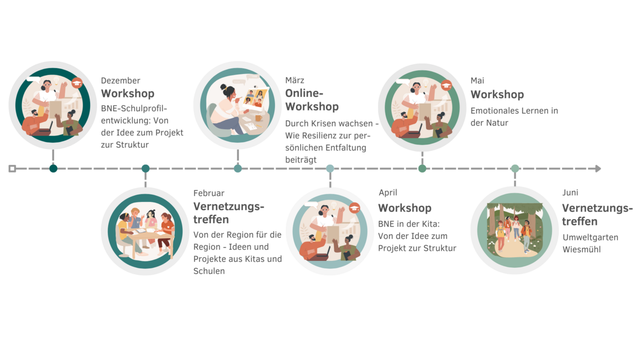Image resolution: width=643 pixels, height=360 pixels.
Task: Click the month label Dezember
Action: coord(121,81)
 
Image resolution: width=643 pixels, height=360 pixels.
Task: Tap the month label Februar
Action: coord(209,193)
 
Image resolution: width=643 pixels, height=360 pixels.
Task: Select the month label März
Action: coord(295,80)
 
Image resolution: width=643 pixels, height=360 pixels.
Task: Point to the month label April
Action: coord(388,193)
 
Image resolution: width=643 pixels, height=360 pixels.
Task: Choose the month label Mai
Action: coord(477,81)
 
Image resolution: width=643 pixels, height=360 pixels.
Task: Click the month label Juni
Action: coord(570,193)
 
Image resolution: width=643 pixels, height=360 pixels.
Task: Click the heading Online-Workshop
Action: coord(312,100)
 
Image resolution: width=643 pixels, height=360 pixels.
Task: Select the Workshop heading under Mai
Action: coord(497,94)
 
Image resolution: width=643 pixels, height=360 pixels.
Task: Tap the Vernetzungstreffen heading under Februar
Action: coord(229,213)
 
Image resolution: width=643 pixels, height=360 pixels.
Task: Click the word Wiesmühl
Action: coord(581,250)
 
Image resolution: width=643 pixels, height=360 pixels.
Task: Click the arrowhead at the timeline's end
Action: coord(598,169)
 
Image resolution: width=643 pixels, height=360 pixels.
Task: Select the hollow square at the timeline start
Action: coord(12,169)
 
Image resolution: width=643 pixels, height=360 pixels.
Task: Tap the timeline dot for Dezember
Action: coord(54,169)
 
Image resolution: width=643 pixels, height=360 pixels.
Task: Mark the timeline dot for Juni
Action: coord(515,169)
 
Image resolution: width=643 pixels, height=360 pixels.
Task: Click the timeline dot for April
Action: coord(330,169)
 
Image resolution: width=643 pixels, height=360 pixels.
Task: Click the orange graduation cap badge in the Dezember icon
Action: coord(77,83)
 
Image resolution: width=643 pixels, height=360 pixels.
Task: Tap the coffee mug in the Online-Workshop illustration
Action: coord(258,118)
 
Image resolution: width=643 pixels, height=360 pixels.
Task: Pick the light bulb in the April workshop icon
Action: coord(333,205)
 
